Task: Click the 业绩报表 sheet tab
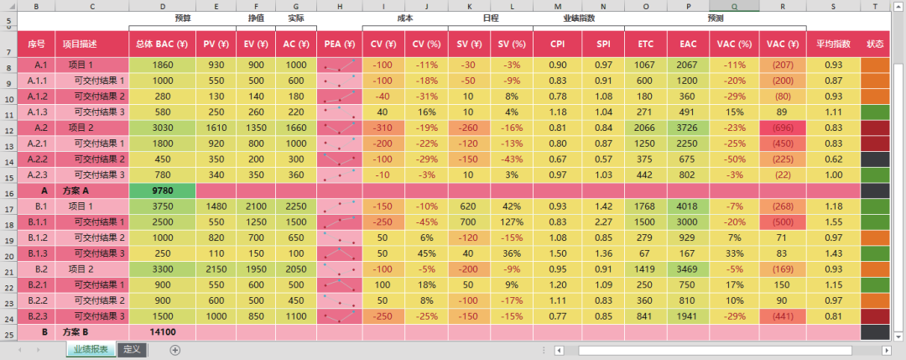(x=90, y=350)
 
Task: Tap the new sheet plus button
(x=175, y=350)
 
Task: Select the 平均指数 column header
(x=834, y=43)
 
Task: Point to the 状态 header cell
(x=875, y=43)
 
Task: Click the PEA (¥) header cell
(x=339, y=43)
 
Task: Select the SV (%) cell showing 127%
(x=511, y=222)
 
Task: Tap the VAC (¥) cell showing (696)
(x=782, y=128)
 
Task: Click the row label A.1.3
(x=36, y=112)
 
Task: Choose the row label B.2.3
(x=36, y=316)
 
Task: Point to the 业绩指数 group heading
(x=579, y=18)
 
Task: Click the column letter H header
(x=339, y=6)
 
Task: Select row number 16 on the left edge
(x=8, y=190)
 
